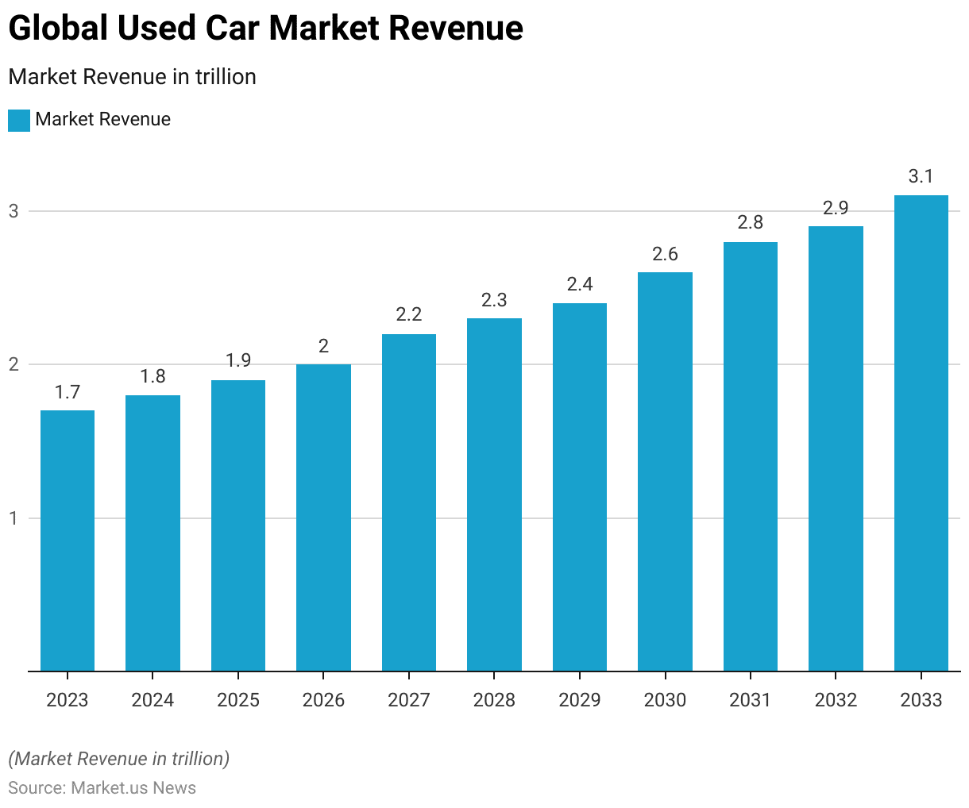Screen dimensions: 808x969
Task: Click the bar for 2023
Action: point(68,541)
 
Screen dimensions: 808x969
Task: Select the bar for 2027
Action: point(409,502)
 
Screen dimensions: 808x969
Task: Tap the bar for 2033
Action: point(921,433)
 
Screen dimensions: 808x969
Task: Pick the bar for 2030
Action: point(665,471)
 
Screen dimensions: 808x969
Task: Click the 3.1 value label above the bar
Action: point(921,176)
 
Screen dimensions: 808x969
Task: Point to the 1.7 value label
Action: point(68,392)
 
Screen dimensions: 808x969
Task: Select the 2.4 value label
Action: point(580,284)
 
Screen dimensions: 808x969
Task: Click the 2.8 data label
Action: point(751,222)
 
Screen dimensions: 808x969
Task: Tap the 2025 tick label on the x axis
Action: point(238,700)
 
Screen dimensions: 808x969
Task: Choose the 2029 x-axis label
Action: point(580,700)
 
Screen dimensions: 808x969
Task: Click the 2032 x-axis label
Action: point(836,700)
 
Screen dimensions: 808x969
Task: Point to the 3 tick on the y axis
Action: point(14,211)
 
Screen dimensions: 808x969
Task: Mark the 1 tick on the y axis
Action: point(14,518)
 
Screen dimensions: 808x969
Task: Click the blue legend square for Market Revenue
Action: point(19,121)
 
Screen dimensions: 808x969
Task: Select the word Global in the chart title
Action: point(58,29)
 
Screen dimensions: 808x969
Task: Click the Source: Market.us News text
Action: point(102,788)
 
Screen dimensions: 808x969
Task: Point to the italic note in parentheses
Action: point(119,759)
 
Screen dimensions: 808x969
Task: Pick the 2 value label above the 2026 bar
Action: point(323,346)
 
